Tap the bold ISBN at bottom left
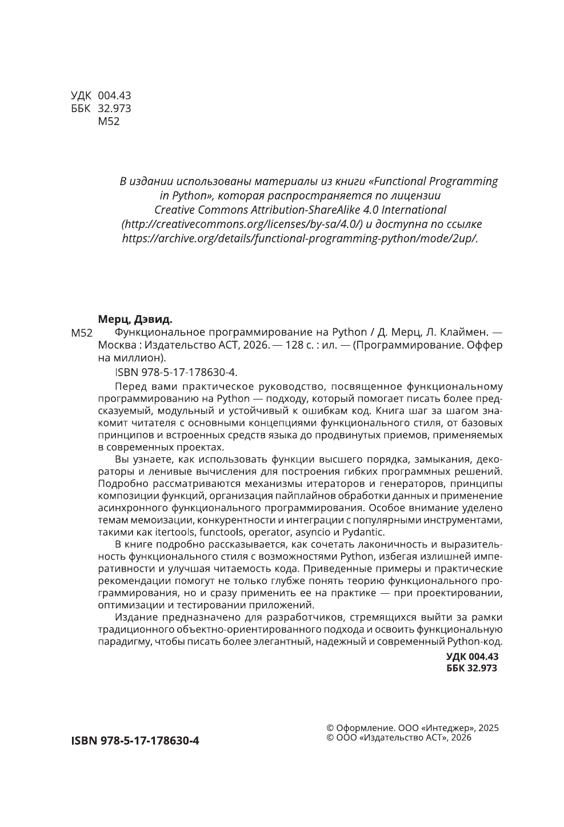[x=135, y=741]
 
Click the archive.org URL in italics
[x=300, y=238]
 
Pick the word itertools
[x=174, y=532]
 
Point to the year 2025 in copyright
[x=489, y=728]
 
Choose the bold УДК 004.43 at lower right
[x=472, y=657]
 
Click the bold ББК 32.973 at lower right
[x=472, y=668]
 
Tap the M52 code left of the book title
[x=81, y=333]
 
